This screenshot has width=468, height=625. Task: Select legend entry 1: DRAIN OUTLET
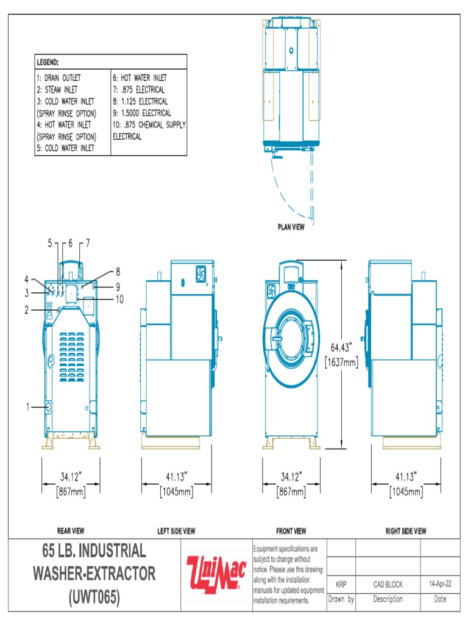point(58,78)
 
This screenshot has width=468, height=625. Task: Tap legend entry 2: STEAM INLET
point(57,90)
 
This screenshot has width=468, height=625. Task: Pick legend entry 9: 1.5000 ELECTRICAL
point(142,114)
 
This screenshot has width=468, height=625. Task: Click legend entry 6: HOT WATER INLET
point(140,78)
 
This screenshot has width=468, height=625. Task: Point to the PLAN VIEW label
point(291,228)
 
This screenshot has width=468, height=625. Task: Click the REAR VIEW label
point(71,531)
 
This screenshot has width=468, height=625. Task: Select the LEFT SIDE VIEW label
point(176,531)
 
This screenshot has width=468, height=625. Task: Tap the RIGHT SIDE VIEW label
point(406,531)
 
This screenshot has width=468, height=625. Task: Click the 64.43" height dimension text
point(342,347)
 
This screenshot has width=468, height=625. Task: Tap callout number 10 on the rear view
point(119,298)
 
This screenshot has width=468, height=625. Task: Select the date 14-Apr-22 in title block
point(440,584)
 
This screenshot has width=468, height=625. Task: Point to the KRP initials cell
point(341,584)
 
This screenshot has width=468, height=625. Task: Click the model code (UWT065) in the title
point(94,597)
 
